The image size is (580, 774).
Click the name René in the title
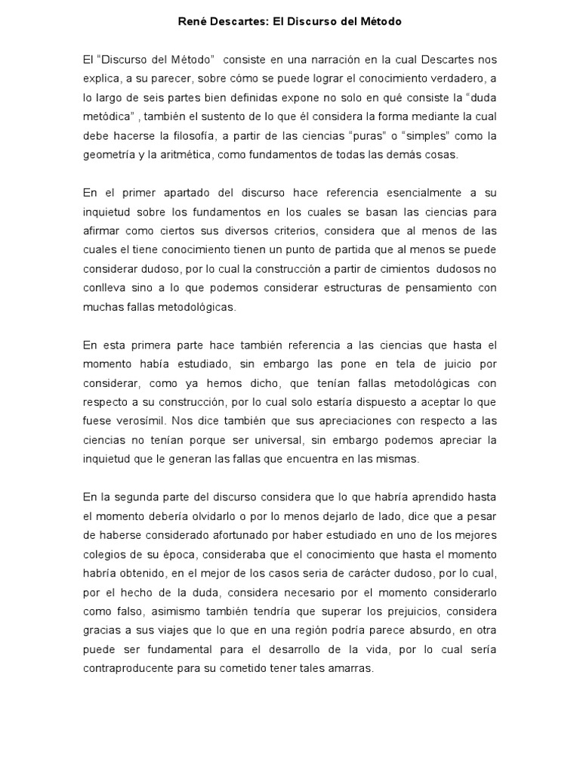point(190,23)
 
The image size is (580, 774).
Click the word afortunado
point(218,535)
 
